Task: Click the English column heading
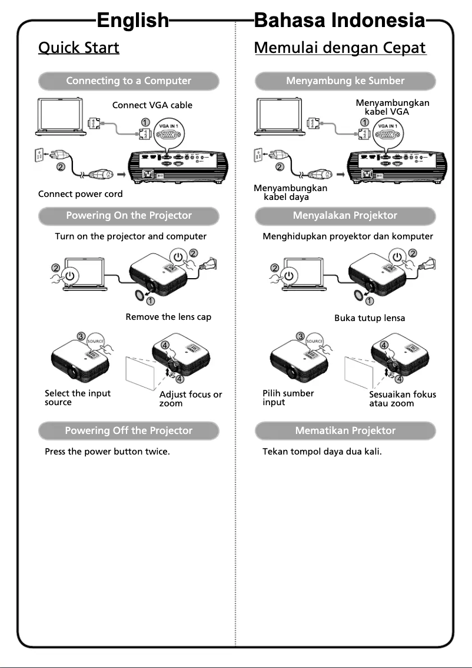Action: [132, 21]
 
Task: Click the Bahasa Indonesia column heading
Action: [339, 21]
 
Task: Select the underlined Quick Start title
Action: [79, 47]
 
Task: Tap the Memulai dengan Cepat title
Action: [340, 47]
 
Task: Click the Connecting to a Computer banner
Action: [128, 81]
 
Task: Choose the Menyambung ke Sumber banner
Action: [345, 81]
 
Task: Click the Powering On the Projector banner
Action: [128, 215]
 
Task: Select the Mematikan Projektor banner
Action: [345, 430]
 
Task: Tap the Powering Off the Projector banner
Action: [128, 430]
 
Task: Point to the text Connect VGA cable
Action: [152, 105]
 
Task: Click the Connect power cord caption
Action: [81, 193]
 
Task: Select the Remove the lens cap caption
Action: [168, 317]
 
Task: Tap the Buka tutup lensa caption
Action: [370, 318]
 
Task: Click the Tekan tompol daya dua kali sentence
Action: [322, 453]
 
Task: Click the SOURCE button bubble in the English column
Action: [95, 341]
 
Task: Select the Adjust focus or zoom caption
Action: [191, 399]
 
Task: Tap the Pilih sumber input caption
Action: [288, 398]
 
